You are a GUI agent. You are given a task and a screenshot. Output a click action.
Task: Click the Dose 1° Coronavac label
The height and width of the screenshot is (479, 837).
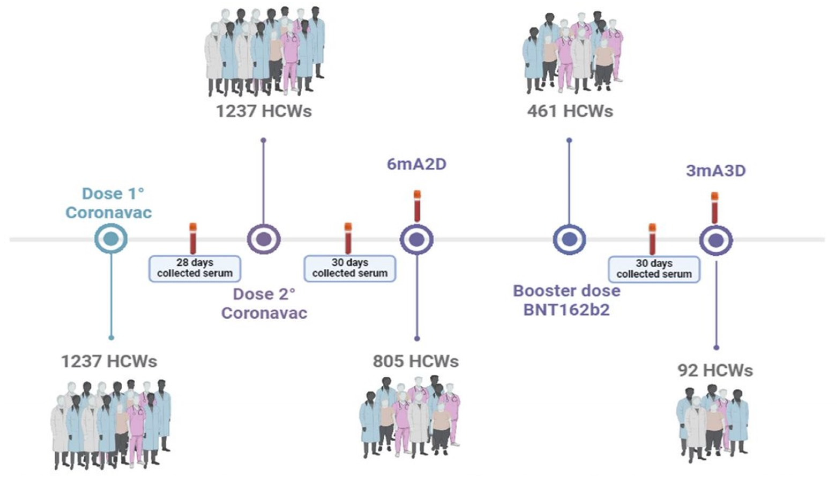(x=109, y=203)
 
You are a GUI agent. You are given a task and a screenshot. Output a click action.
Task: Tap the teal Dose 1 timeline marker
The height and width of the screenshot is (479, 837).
(x=111, y=239)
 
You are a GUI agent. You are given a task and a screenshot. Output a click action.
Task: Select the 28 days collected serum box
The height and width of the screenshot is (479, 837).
(x=195, y=268)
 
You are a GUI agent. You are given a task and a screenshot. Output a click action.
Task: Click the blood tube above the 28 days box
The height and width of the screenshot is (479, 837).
(x=193, y=238)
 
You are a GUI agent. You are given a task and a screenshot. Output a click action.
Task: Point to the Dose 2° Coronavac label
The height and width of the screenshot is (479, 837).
(x=264, y=303)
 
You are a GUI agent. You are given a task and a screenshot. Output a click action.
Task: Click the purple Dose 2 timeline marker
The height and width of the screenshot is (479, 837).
(x=264, y=239)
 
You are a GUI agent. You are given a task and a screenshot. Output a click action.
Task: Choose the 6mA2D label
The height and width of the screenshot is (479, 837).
(x=416, y=164)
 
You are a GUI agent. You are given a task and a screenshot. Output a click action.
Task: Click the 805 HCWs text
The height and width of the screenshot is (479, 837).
(x=416, y=361)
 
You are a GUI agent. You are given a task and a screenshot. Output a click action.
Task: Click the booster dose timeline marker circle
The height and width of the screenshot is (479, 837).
(x=569, y=239)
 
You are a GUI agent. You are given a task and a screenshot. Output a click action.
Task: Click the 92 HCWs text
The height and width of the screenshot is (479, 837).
(x=715, y=371)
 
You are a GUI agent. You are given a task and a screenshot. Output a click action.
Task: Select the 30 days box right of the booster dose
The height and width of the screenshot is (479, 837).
(x=654, y=269)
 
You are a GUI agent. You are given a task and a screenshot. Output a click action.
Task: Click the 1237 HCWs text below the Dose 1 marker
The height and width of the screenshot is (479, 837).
(x=109, y=361)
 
